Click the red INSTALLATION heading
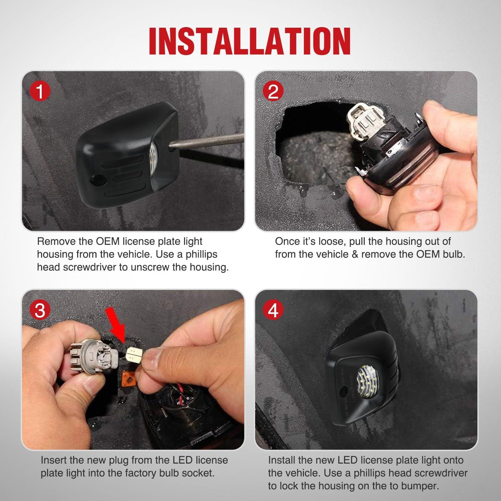250,41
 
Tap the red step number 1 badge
40,92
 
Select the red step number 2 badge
273,92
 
